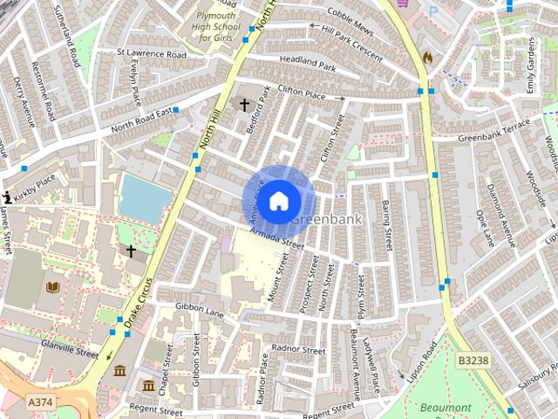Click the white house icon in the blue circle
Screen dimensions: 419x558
point(277,201)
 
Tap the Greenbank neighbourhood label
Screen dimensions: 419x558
point(325,219)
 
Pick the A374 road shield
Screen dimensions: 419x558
point(39,401)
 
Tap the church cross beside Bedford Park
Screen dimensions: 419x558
point(245,106)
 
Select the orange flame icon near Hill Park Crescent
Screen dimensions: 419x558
point(426,57)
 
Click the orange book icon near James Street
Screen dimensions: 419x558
point(52,287)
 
